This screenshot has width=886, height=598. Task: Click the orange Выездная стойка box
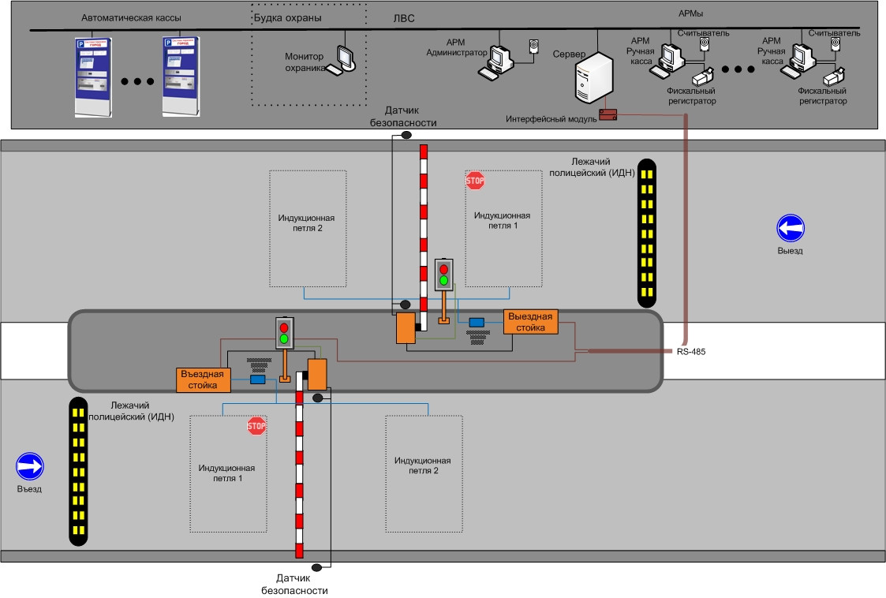coord(531,322)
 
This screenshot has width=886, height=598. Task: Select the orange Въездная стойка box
coord(203,379)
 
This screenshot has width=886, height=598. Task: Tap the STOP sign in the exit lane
coord(474,181)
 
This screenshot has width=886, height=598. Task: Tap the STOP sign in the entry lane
coord(256,427)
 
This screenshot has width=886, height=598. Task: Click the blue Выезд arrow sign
coord(790,229)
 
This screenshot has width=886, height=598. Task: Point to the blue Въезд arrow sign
coord(29,466)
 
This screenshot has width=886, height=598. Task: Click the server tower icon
coord(595,78)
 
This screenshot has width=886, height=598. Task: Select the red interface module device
coord(607,115)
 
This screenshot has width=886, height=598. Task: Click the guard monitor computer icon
coord(345,59)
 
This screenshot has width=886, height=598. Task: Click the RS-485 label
coord(690,352)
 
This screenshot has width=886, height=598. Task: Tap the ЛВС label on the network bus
coord(403,17)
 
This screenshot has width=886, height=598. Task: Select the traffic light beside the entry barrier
coord(284,333)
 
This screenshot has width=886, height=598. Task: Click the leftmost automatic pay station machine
coord(92,77)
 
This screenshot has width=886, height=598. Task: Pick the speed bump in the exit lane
coord(647,233)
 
